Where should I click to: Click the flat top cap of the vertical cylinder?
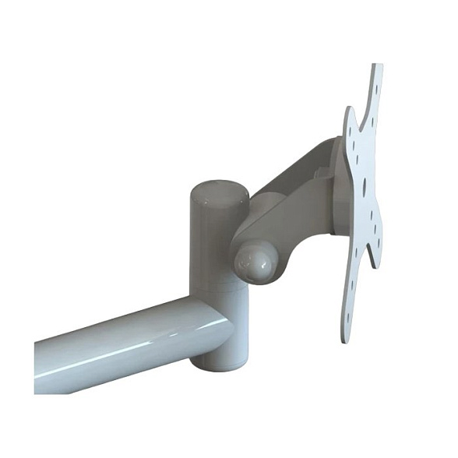218,192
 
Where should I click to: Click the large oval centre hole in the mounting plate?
362,188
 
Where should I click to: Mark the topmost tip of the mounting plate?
378,67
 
